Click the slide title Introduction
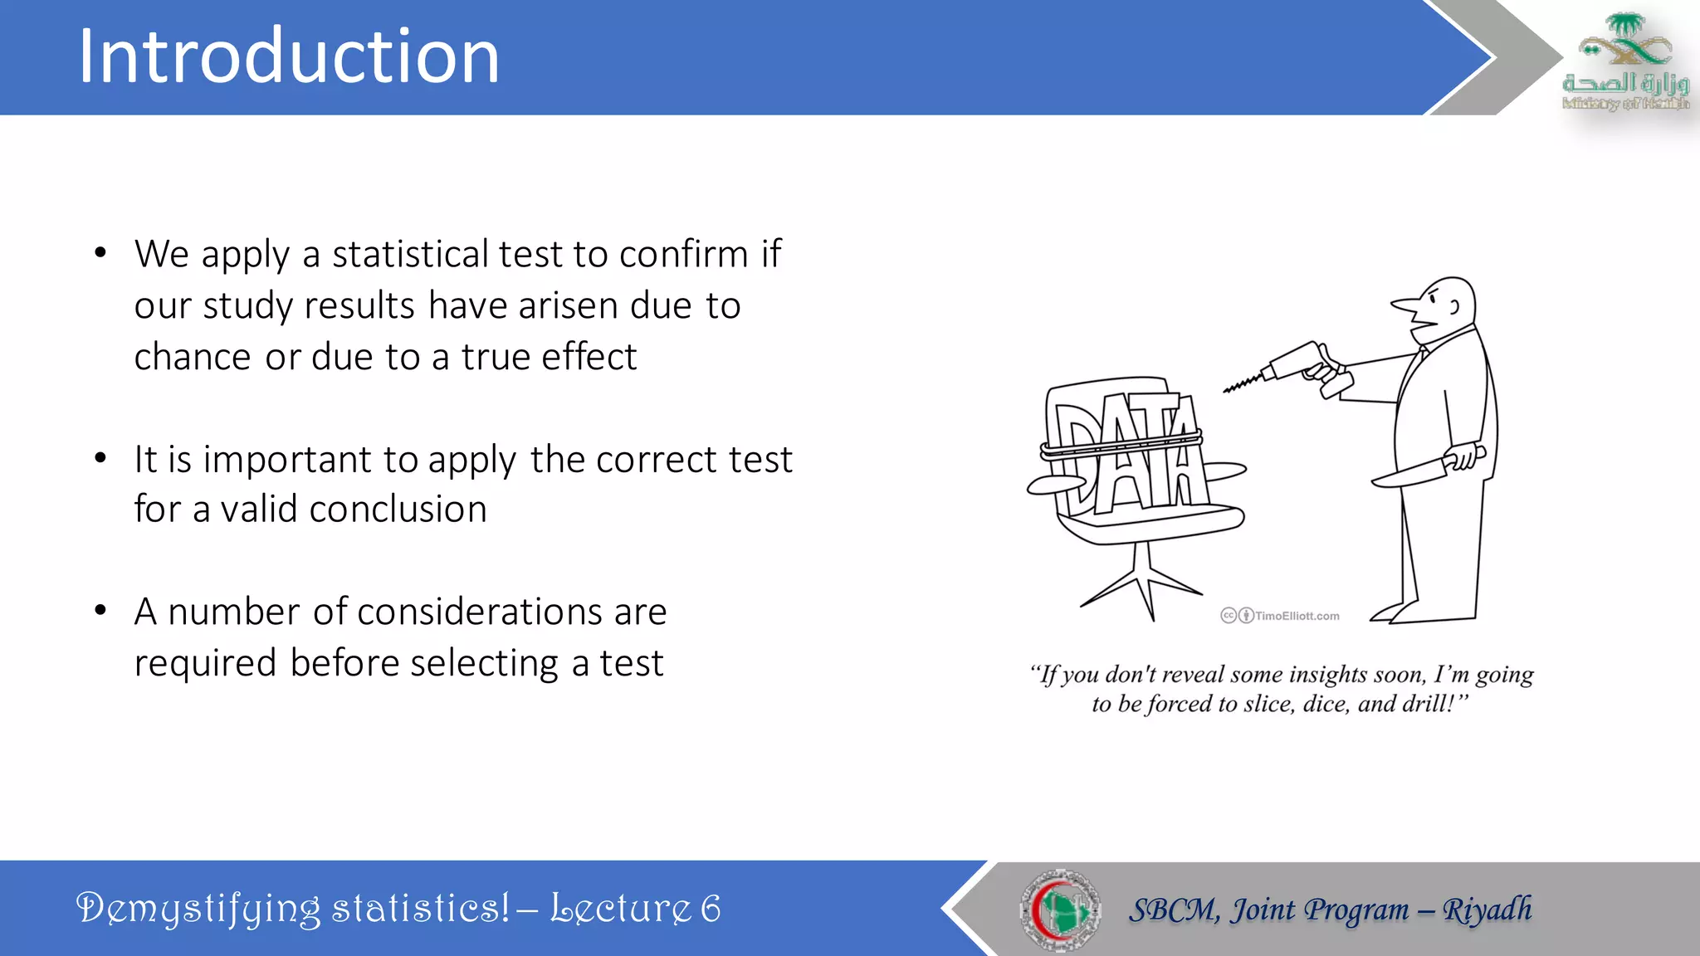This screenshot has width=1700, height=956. tap(289, 56)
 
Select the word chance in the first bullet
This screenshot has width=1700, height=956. tap(193, 357)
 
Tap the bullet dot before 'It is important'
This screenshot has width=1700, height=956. tap(100, 458)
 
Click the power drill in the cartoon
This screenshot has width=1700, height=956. tap(1295, 365)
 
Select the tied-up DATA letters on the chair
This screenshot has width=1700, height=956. tap(1125, 452)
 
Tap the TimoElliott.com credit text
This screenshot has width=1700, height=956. tap(1296, 616)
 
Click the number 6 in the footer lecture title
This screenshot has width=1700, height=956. tap(711, 908)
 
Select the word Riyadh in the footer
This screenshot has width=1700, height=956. tap(1487, 910)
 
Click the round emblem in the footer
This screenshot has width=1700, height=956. tap(1060, 910)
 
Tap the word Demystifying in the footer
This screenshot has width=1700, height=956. tap(198, 909)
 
